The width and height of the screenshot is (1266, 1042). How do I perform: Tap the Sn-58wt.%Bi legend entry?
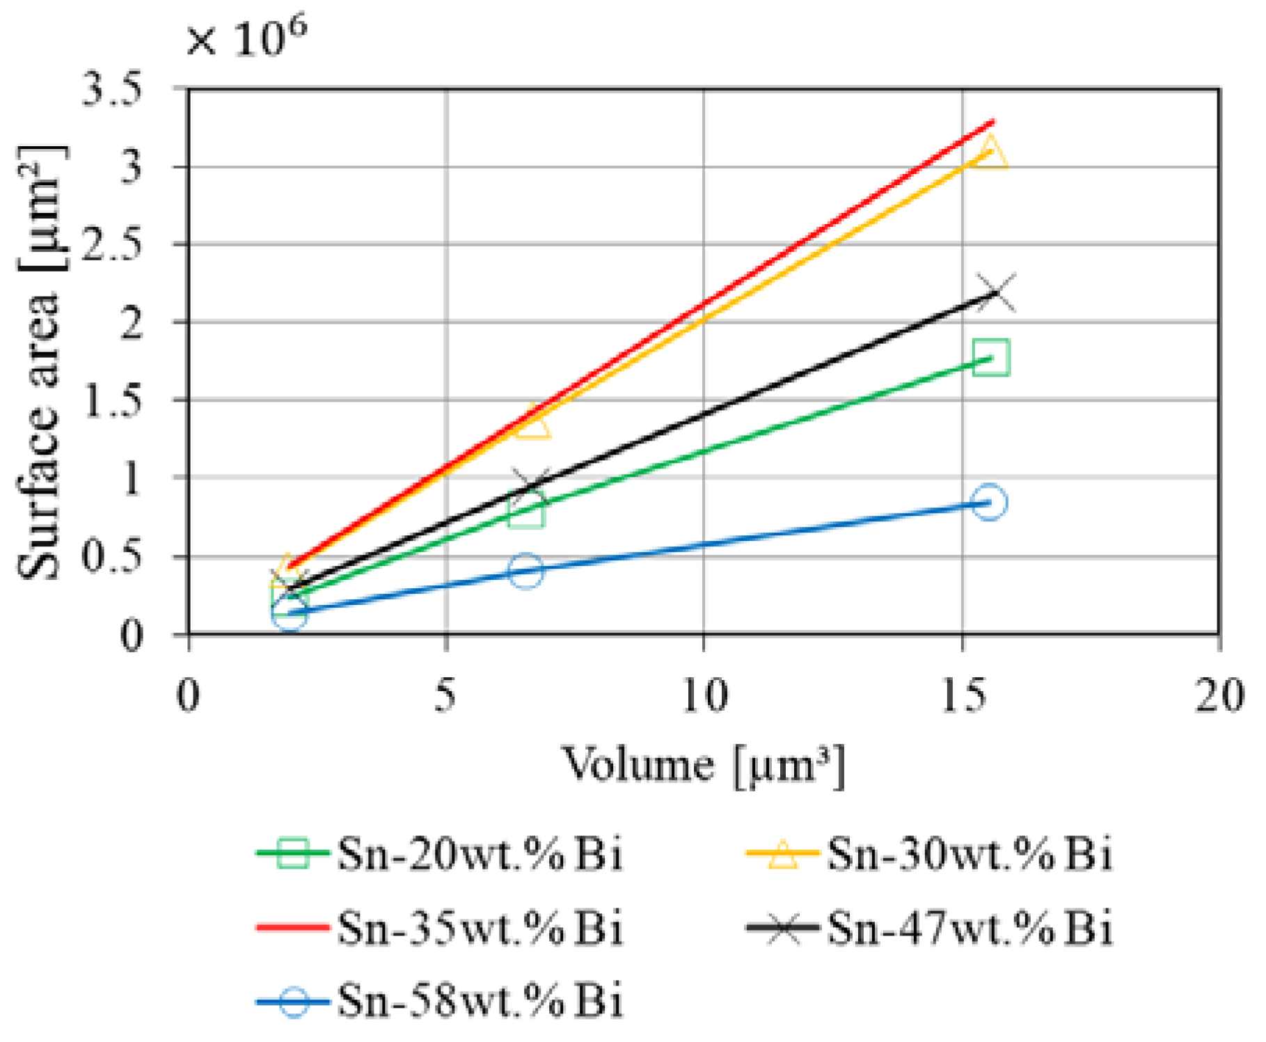440,1001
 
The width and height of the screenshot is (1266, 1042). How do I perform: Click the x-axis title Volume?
703,766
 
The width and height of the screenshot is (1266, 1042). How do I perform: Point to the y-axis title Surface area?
40,362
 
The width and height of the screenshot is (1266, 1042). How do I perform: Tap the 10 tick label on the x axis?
704,695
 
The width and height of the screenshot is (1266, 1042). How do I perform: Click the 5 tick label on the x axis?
445,695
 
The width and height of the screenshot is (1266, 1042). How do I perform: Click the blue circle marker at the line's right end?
988,502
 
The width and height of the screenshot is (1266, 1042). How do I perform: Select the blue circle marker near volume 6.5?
526,571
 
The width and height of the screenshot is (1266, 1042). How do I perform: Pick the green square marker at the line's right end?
990,358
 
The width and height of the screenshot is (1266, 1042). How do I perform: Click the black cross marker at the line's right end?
995,293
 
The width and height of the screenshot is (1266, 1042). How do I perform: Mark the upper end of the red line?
992,122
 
